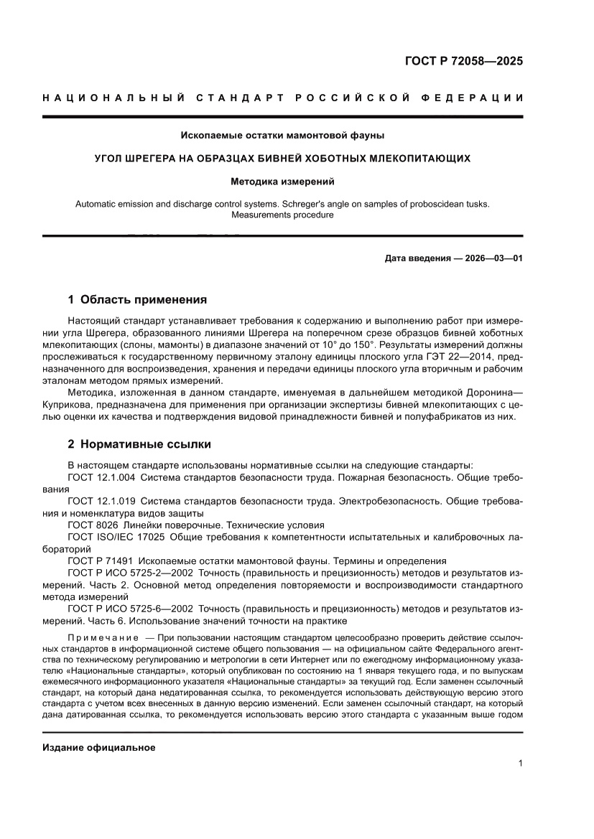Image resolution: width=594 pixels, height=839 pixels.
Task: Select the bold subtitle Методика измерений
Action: coord(282,182)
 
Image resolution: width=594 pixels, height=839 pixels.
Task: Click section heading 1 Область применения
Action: coord(136,299)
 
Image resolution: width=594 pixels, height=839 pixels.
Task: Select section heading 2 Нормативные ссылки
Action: coord(139,444)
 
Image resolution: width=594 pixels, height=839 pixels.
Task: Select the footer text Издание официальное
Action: coord(99,747)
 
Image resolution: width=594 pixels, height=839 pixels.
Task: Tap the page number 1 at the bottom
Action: coord(519,763)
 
